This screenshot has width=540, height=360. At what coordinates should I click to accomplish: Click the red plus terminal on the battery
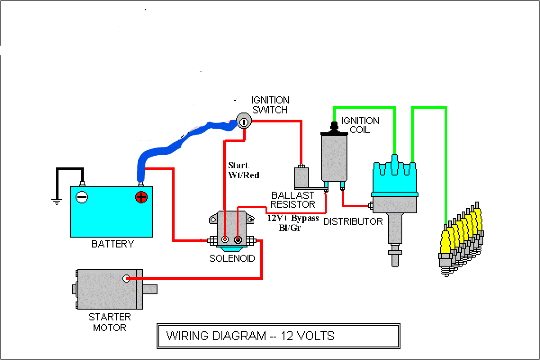(141, 197)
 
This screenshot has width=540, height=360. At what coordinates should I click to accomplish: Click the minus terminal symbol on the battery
(82, 197)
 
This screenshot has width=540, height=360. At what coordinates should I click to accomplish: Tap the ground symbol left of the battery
(56, 202)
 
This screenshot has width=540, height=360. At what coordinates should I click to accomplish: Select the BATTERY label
(112, 244)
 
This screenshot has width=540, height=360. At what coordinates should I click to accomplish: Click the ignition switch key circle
(243, 121)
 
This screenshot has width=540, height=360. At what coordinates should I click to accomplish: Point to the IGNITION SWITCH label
(270, 105)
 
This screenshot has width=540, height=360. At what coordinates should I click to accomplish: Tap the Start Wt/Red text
(243, 170)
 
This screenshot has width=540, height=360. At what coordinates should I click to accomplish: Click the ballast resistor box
(301, 178)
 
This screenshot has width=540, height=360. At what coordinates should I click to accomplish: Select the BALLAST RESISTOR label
(293, 200)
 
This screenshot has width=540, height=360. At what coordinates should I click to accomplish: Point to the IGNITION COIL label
(360, 125)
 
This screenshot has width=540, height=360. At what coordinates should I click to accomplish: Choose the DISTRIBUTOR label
(353, 221)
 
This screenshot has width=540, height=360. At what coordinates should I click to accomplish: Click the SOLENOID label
(232, 259)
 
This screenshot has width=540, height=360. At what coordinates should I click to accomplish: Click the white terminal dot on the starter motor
(126, 279)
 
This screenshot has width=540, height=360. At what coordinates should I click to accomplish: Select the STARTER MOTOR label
(110, 322)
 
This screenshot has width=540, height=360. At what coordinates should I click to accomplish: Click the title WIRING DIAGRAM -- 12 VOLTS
(250, 336)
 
